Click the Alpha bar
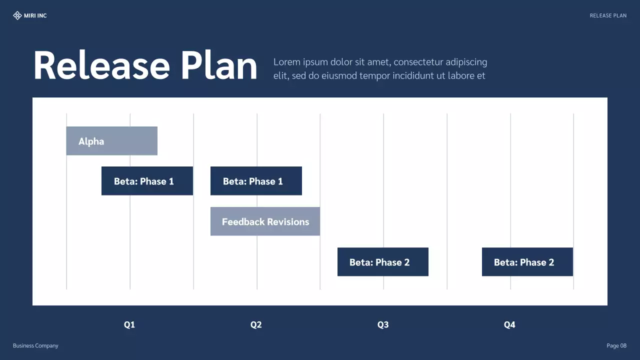pos(111,141)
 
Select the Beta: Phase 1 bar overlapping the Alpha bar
pos(147,181)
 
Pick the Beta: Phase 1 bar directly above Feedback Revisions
pos(256,181)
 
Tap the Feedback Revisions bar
pos(265,221)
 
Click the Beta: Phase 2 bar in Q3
pos(382,262)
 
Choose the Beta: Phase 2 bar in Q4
pos(527,262)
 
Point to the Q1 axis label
pos(129,325)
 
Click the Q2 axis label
pos(256,325)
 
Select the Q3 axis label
pos(382,325)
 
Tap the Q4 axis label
pos(509,325)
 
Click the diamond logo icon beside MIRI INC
pos(17,15)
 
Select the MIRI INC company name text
pos(35,15)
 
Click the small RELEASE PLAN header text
pos(608,15)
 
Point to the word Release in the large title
pos(101,66)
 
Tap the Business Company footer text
pos(35,345)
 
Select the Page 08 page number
pos(616,345)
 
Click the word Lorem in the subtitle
pos(287,62)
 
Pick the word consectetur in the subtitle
pos(418,62)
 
